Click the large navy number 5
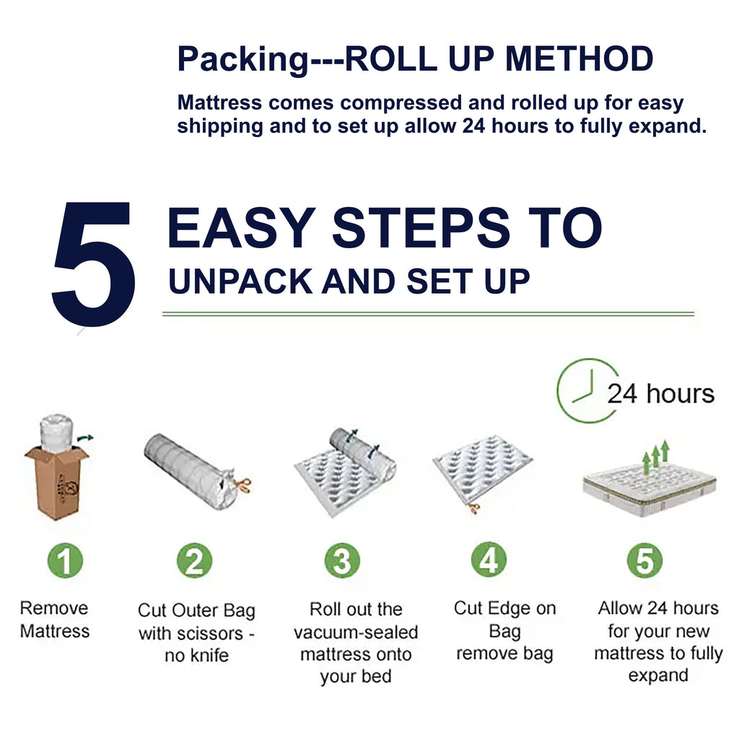(x=93, y=264)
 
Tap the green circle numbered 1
(x=65, y=560)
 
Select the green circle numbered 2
(x=194, y=560)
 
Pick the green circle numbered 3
(x=342, y=560)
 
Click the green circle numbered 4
(x=489, y=559)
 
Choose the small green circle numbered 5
(x=644, y=560)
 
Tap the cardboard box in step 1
(x=56, y=481)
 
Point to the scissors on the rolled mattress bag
(x=242, y=484)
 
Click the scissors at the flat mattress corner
(x=473, y=508)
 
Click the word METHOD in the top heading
(x=579, y=58)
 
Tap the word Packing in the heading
(x=242, y=59)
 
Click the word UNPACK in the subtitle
(x=240, y=281)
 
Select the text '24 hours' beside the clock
(x=661, y=393)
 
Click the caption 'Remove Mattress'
(x=55, y=619)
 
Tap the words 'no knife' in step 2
(x=196, y=655)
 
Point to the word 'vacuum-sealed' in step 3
(x=356, y=632)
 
